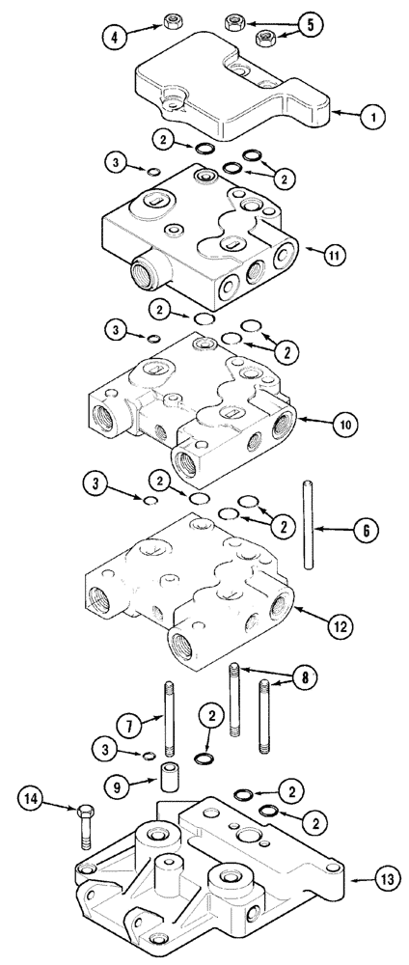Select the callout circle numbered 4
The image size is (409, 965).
pyautogui.click(x=116, y=40)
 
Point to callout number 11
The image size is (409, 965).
pyautogui.click(x=335, y=255)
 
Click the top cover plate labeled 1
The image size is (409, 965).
pyautogui.click(x=232, y=92)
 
